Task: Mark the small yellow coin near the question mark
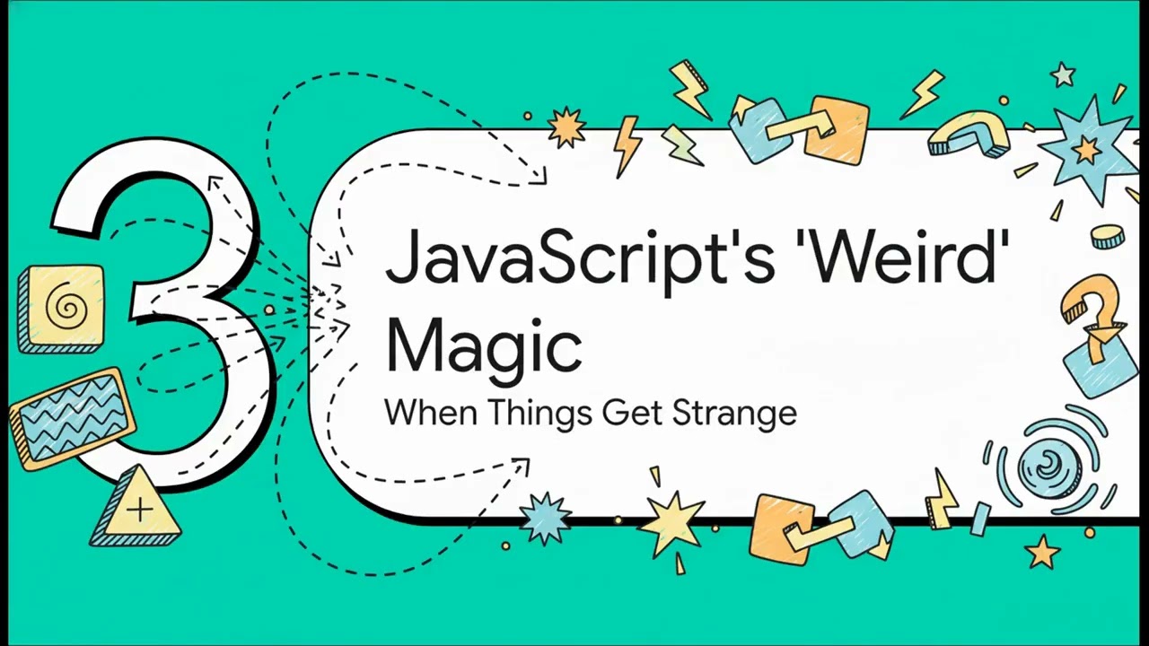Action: click(x=1108, y=237)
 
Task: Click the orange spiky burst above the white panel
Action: click(x=566, y=127)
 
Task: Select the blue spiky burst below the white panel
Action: click(x=545, y=518)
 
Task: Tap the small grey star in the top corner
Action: click(x=1064, y=74)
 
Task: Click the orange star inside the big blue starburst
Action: click(x=1086, y=150)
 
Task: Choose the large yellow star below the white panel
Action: click(x=671, y=522)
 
